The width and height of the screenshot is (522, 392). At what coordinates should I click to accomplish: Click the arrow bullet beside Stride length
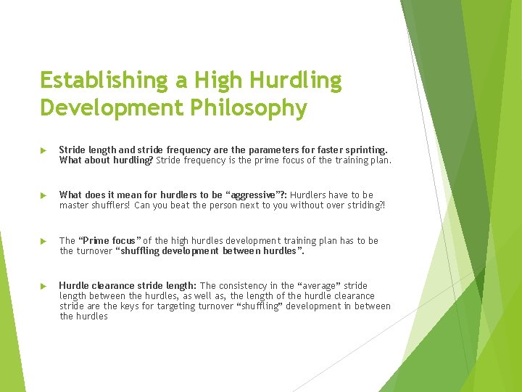pyautogui.click(x=43, y=150)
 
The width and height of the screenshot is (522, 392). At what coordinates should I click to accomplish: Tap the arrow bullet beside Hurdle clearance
pyautogui.click(x=43, y=286)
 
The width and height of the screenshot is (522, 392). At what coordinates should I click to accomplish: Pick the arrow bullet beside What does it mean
pyautogui.click(x=43, y=195)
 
